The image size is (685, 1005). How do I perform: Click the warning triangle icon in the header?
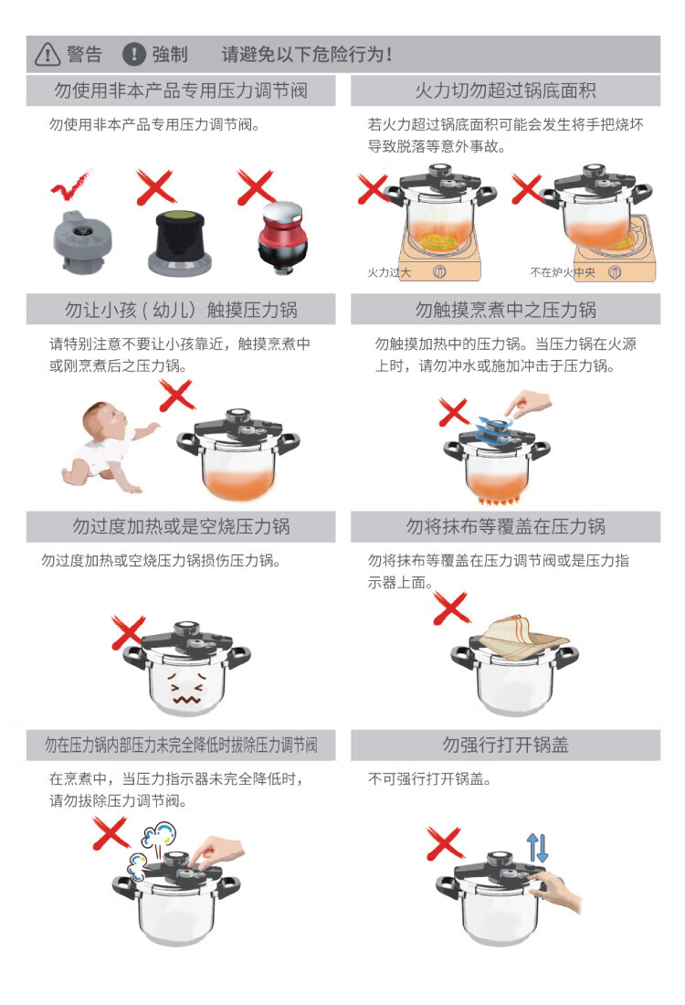pos(47,55)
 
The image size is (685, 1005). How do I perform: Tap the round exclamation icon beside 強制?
pos(134,55)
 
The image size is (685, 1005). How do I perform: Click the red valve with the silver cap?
pos(282,238)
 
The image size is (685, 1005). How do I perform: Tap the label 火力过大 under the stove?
pos(389,272)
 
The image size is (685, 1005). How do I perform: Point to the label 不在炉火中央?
pos(563,272)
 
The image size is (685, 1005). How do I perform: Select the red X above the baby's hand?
pos(176,396)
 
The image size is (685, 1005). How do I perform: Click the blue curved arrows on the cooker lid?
pos(494,429)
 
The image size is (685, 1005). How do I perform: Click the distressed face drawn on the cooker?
pos(186,686)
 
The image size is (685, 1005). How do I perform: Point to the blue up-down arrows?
pos(537,847)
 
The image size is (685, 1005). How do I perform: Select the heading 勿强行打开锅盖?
pos(506,745)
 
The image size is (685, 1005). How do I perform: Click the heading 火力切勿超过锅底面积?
pos(506,91)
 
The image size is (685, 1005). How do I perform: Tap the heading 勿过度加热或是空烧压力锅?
pos(182,527)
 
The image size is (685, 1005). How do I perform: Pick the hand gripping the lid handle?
pos(555,890)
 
